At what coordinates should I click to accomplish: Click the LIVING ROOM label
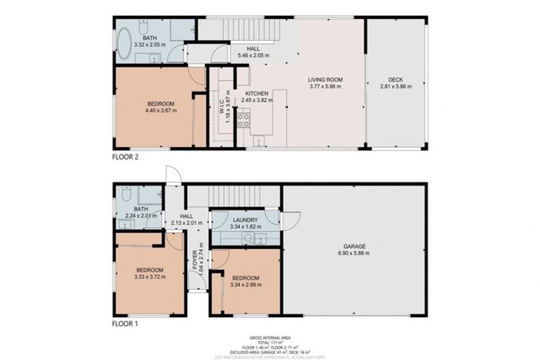324,80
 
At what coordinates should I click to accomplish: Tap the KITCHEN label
256,94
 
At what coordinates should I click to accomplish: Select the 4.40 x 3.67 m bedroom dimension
160,111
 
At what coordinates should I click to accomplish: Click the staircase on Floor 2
252,30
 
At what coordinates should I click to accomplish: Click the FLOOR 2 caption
126,158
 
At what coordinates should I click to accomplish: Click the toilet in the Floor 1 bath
126,194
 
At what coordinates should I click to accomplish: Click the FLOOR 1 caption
126,325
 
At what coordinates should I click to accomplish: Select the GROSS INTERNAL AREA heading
270,337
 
